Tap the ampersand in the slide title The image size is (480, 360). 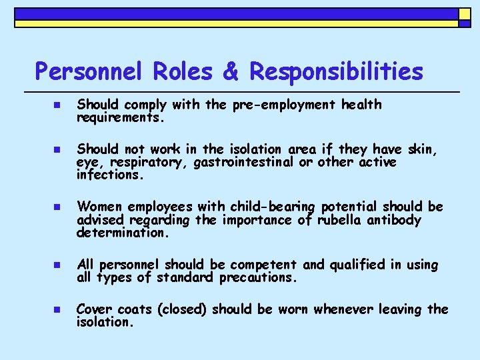[x=231, y=71]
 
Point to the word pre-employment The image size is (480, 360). [x=287, y=105]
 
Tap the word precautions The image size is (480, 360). [x=257, y=277]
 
